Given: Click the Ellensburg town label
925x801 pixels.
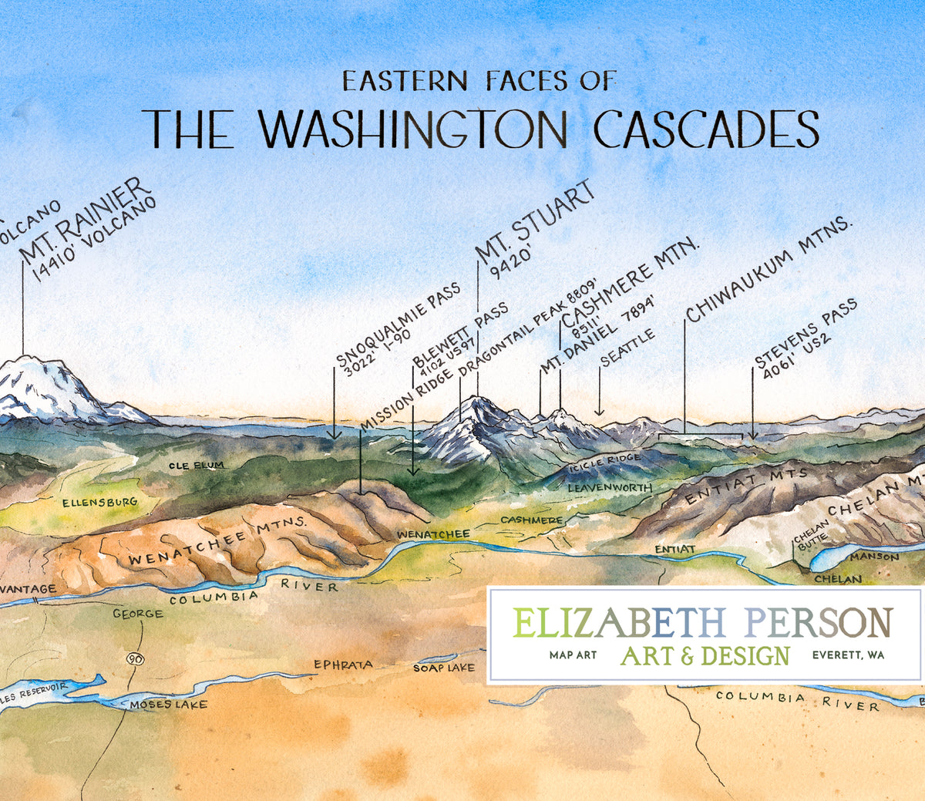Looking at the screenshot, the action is pyautogui.click(x=100, y=503).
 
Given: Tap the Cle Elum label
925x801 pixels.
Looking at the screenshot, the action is pyautogui.click(x=197, y=466).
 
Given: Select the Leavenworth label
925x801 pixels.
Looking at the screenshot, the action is pyautogui.click(x=610, y=488).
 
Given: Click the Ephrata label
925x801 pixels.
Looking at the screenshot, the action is pyautogui.click(x=343, y=665).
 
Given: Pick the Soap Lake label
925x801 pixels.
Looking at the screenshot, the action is pyautogui.click(x=444, y=668).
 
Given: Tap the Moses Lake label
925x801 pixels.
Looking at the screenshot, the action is pyautogui.click(x=168, y=704).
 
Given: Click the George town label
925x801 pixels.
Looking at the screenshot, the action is pyautogui.click(x=138, y=614).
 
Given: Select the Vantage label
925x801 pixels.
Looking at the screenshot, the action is pyautogui.click(x=29, y=589).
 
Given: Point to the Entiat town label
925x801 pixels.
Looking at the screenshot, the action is pyautogui.click(x=675, y=549).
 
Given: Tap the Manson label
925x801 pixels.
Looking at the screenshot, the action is pyautogui.click(x=875, y=556).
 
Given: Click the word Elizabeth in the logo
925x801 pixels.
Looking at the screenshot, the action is pyautogui.click(x=619, y=622).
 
